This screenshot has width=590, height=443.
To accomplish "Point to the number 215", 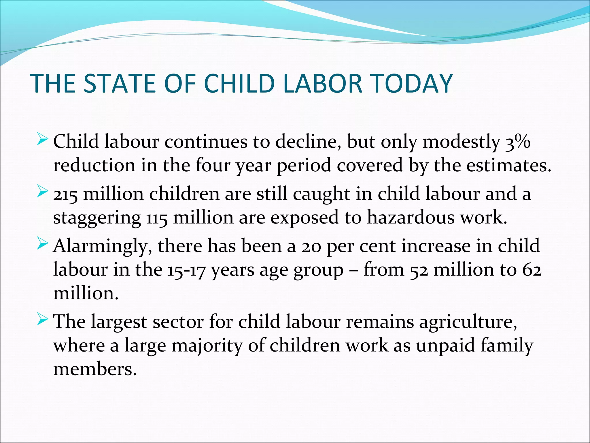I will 65,194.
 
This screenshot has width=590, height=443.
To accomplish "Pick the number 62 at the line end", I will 532,270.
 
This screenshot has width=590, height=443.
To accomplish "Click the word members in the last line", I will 94,369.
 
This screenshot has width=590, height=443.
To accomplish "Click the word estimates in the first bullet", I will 508,166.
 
